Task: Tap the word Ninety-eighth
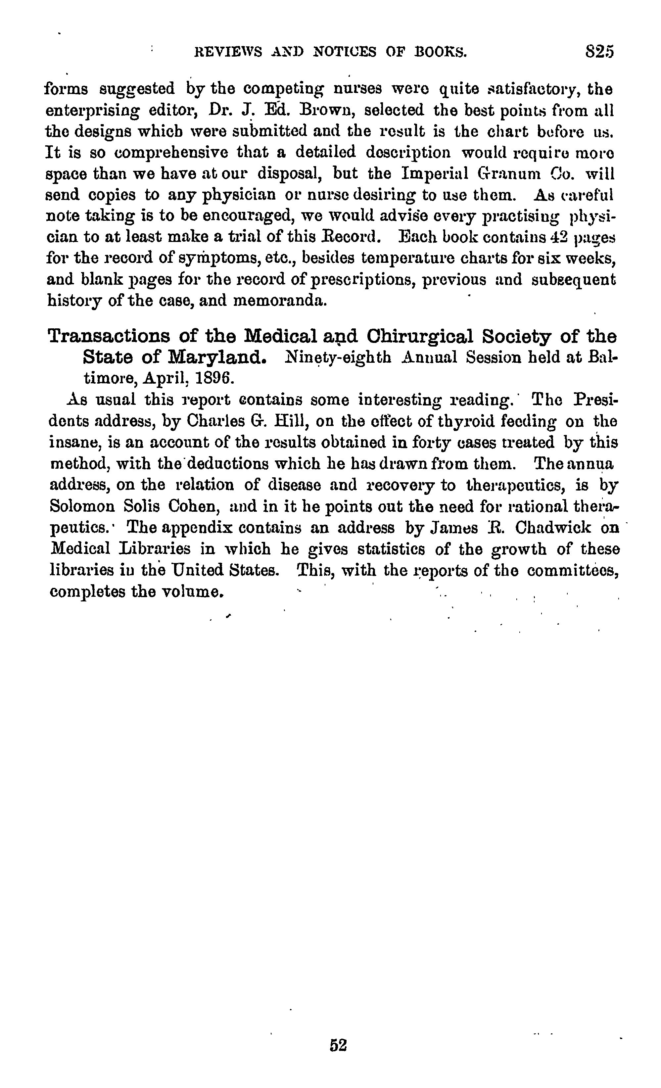coord(339,357)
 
